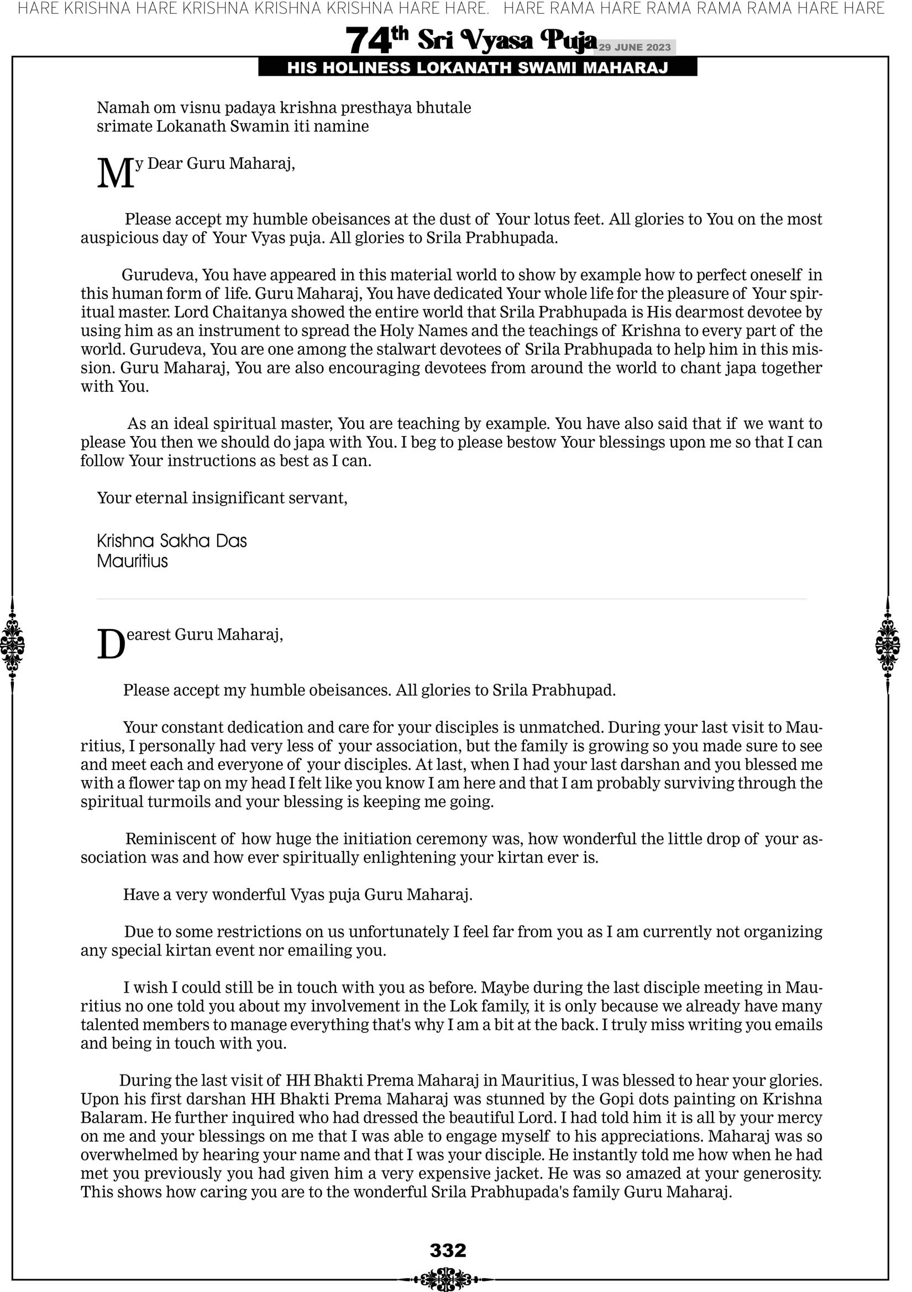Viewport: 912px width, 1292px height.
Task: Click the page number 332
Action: pyautogui.click(x=448, y=1251)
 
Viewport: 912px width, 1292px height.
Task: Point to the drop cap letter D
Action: pyautogui.click(x=111, y=644)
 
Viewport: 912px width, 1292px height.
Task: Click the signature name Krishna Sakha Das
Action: pyautogui.click(x=171, y=541)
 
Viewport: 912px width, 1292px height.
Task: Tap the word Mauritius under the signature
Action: pyautogui.click(x=132, y=561)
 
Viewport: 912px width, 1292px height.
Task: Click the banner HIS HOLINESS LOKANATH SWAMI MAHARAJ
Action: pyautogui.click(x=478, y=68)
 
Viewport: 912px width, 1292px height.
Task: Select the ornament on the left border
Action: pyautogui.click(x=12, y=645)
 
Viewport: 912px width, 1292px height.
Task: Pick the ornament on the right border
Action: pyautogui.click(x=887, y=645)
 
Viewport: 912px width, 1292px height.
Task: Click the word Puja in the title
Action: pyautogui.click(x=568, y=40)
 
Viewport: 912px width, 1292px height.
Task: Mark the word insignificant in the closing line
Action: pyautogui.click(x=238, y=497)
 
